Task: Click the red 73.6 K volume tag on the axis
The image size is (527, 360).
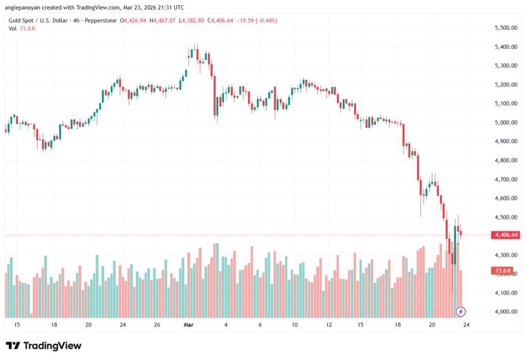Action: coord(503,270)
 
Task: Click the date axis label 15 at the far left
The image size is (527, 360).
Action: coord(17,325)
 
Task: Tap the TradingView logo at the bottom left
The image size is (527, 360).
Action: coord(43,346)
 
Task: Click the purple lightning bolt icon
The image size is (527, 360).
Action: coord(461,311)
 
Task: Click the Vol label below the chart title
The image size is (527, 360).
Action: coord(13,28)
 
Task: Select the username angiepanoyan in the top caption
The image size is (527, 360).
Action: coord(24,8)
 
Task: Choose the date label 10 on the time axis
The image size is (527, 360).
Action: coord(294,325)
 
